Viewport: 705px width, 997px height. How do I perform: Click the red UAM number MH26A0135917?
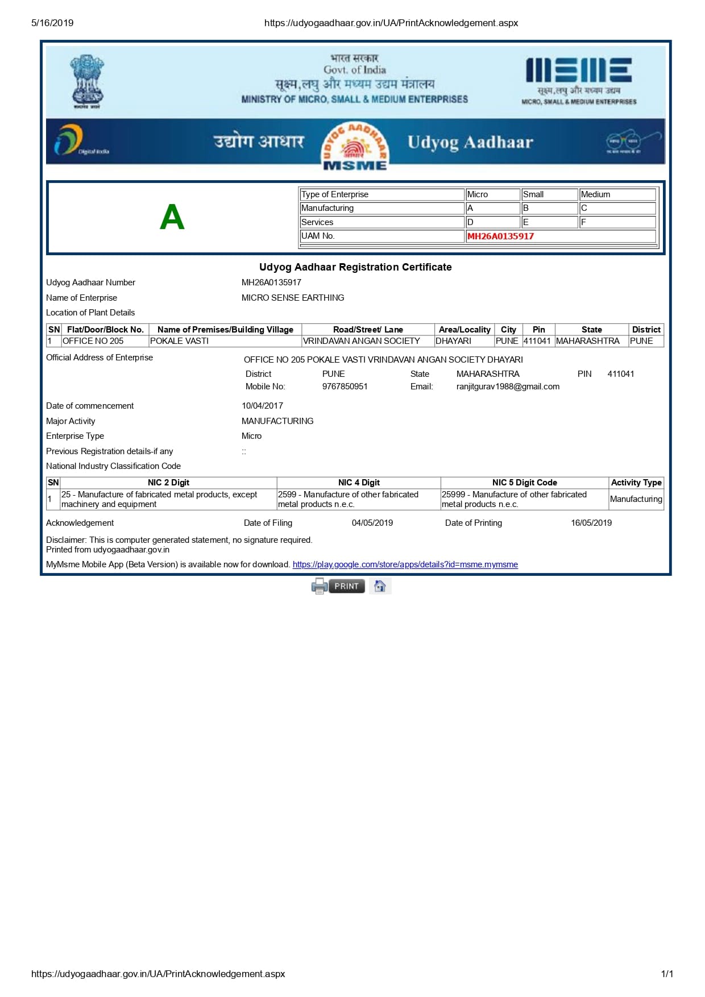500,236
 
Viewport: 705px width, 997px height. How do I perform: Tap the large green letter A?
172,217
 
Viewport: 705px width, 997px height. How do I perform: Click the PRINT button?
346,586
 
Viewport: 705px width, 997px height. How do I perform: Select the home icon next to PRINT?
380,586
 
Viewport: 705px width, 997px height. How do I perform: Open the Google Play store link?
405,564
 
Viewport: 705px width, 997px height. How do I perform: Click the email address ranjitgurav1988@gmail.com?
508,387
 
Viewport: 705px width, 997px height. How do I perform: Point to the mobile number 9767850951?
345,387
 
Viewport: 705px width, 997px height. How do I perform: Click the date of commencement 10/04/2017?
262,406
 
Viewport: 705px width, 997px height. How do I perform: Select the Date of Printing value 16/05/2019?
591,523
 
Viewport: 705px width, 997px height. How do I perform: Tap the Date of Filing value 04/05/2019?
372,523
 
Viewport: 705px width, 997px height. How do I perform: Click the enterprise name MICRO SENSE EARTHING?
293,298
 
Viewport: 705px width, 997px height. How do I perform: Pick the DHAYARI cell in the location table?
453,341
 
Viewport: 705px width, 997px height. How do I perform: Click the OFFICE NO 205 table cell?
93,341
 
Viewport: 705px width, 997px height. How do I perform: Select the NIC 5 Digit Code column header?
524,483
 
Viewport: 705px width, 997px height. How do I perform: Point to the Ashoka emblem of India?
86,81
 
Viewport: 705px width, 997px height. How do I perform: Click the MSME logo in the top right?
579,80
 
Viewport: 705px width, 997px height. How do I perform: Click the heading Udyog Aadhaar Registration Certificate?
355,267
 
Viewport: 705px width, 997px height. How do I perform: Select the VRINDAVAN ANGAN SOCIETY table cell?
362,341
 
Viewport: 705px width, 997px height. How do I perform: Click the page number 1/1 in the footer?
667,974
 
